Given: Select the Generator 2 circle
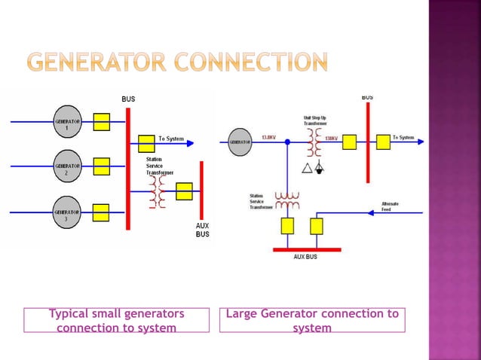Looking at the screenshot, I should coord(67,166).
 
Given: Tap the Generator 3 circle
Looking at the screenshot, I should coord(67,212).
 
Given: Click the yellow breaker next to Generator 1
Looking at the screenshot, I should coord(102,121).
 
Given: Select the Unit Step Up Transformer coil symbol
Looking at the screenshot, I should coord(312,142).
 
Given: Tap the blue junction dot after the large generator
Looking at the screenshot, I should coord(287,142).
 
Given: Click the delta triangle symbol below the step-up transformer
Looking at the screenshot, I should coord(305,167).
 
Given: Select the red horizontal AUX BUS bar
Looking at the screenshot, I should coord(307,249).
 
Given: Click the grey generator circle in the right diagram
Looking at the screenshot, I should coord(240,142).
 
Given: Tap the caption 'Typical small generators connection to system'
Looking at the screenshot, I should coord(116,321).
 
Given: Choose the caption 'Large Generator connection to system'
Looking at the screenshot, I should coord(312,321).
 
